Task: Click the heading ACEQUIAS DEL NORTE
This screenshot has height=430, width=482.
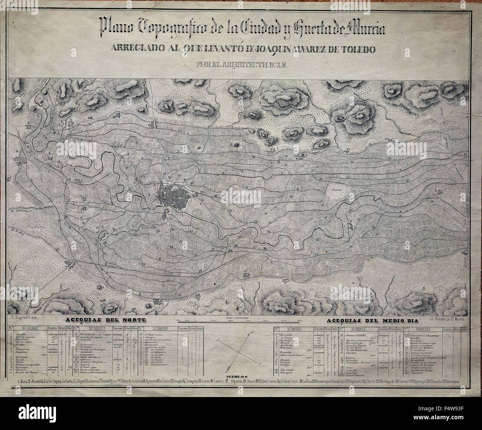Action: [x=105, y=320]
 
